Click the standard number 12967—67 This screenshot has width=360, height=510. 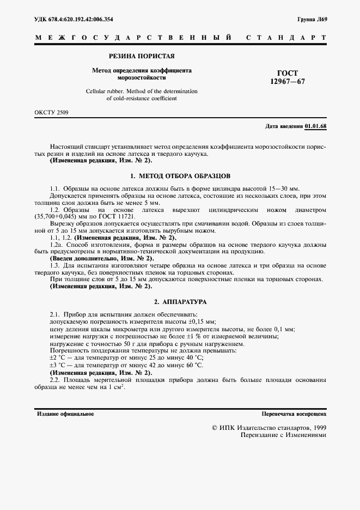coord(288,81)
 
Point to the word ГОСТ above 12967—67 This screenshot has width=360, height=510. coord(288,73)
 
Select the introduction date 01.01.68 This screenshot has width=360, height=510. coord(315,127)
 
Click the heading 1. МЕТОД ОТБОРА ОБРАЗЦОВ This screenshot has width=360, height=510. coord(180,176)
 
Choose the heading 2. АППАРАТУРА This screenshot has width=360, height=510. coord(180,301)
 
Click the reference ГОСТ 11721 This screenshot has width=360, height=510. coord(118,216)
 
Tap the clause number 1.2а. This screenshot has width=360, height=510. coord(56,245)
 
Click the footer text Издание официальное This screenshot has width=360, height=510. coord(65,414)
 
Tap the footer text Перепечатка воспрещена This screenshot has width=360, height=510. coord(294,414)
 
